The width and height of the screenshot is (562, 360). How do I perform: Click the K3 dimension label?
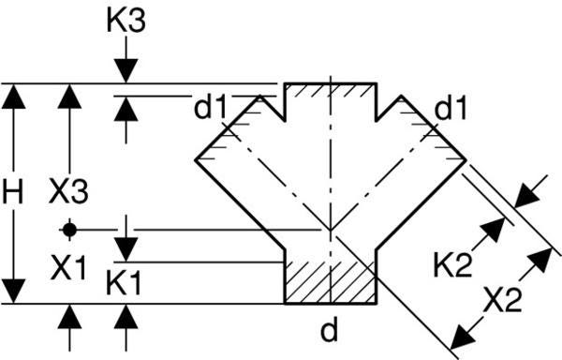(x=126, y=22)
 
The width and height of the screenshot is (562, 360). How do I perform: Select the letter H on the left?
(x=12, y=191)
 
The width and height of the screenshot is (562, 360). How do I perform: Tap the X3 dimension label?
(x=68, y=191)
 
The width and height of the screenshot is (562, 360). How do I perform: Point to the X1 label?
(x=68, y=267)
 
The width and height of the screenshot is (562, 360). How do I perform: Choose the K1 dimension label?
(x=124, y=283)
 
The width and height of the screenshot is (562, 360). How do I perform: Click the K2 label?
(x=452, y=265)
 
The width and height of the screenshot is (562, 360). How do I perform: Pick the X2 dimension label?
(x=502, y=299)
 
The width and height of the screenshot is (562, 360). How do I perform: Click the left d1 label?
(x=211, y=108)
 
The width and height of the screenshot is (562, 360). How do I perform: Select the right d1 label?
(x=451, y=108)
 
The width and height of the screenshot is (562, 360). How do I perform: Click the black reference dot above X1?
(x=69, y=229)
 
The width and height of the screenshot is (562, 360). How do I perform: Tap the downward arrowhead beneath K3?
(x=126, y=71)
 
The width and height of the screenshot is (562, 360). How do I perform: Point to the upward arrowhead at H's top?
(x=14, y=97)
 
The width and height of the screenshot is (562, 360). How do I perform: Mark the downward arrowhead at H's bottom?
(x=14, y=292)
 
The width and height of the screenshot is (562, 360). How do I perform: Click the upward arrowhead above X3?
(x=69, y=97)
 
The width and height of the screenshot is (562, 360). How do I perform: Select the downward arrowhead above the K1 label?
(x=126, y=249)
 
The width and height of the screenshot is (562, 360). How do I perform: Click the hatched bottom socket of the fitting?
(x=330, y=282)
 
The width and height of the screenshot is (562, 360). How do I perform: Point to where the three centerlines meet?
(x=330, y=230)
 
